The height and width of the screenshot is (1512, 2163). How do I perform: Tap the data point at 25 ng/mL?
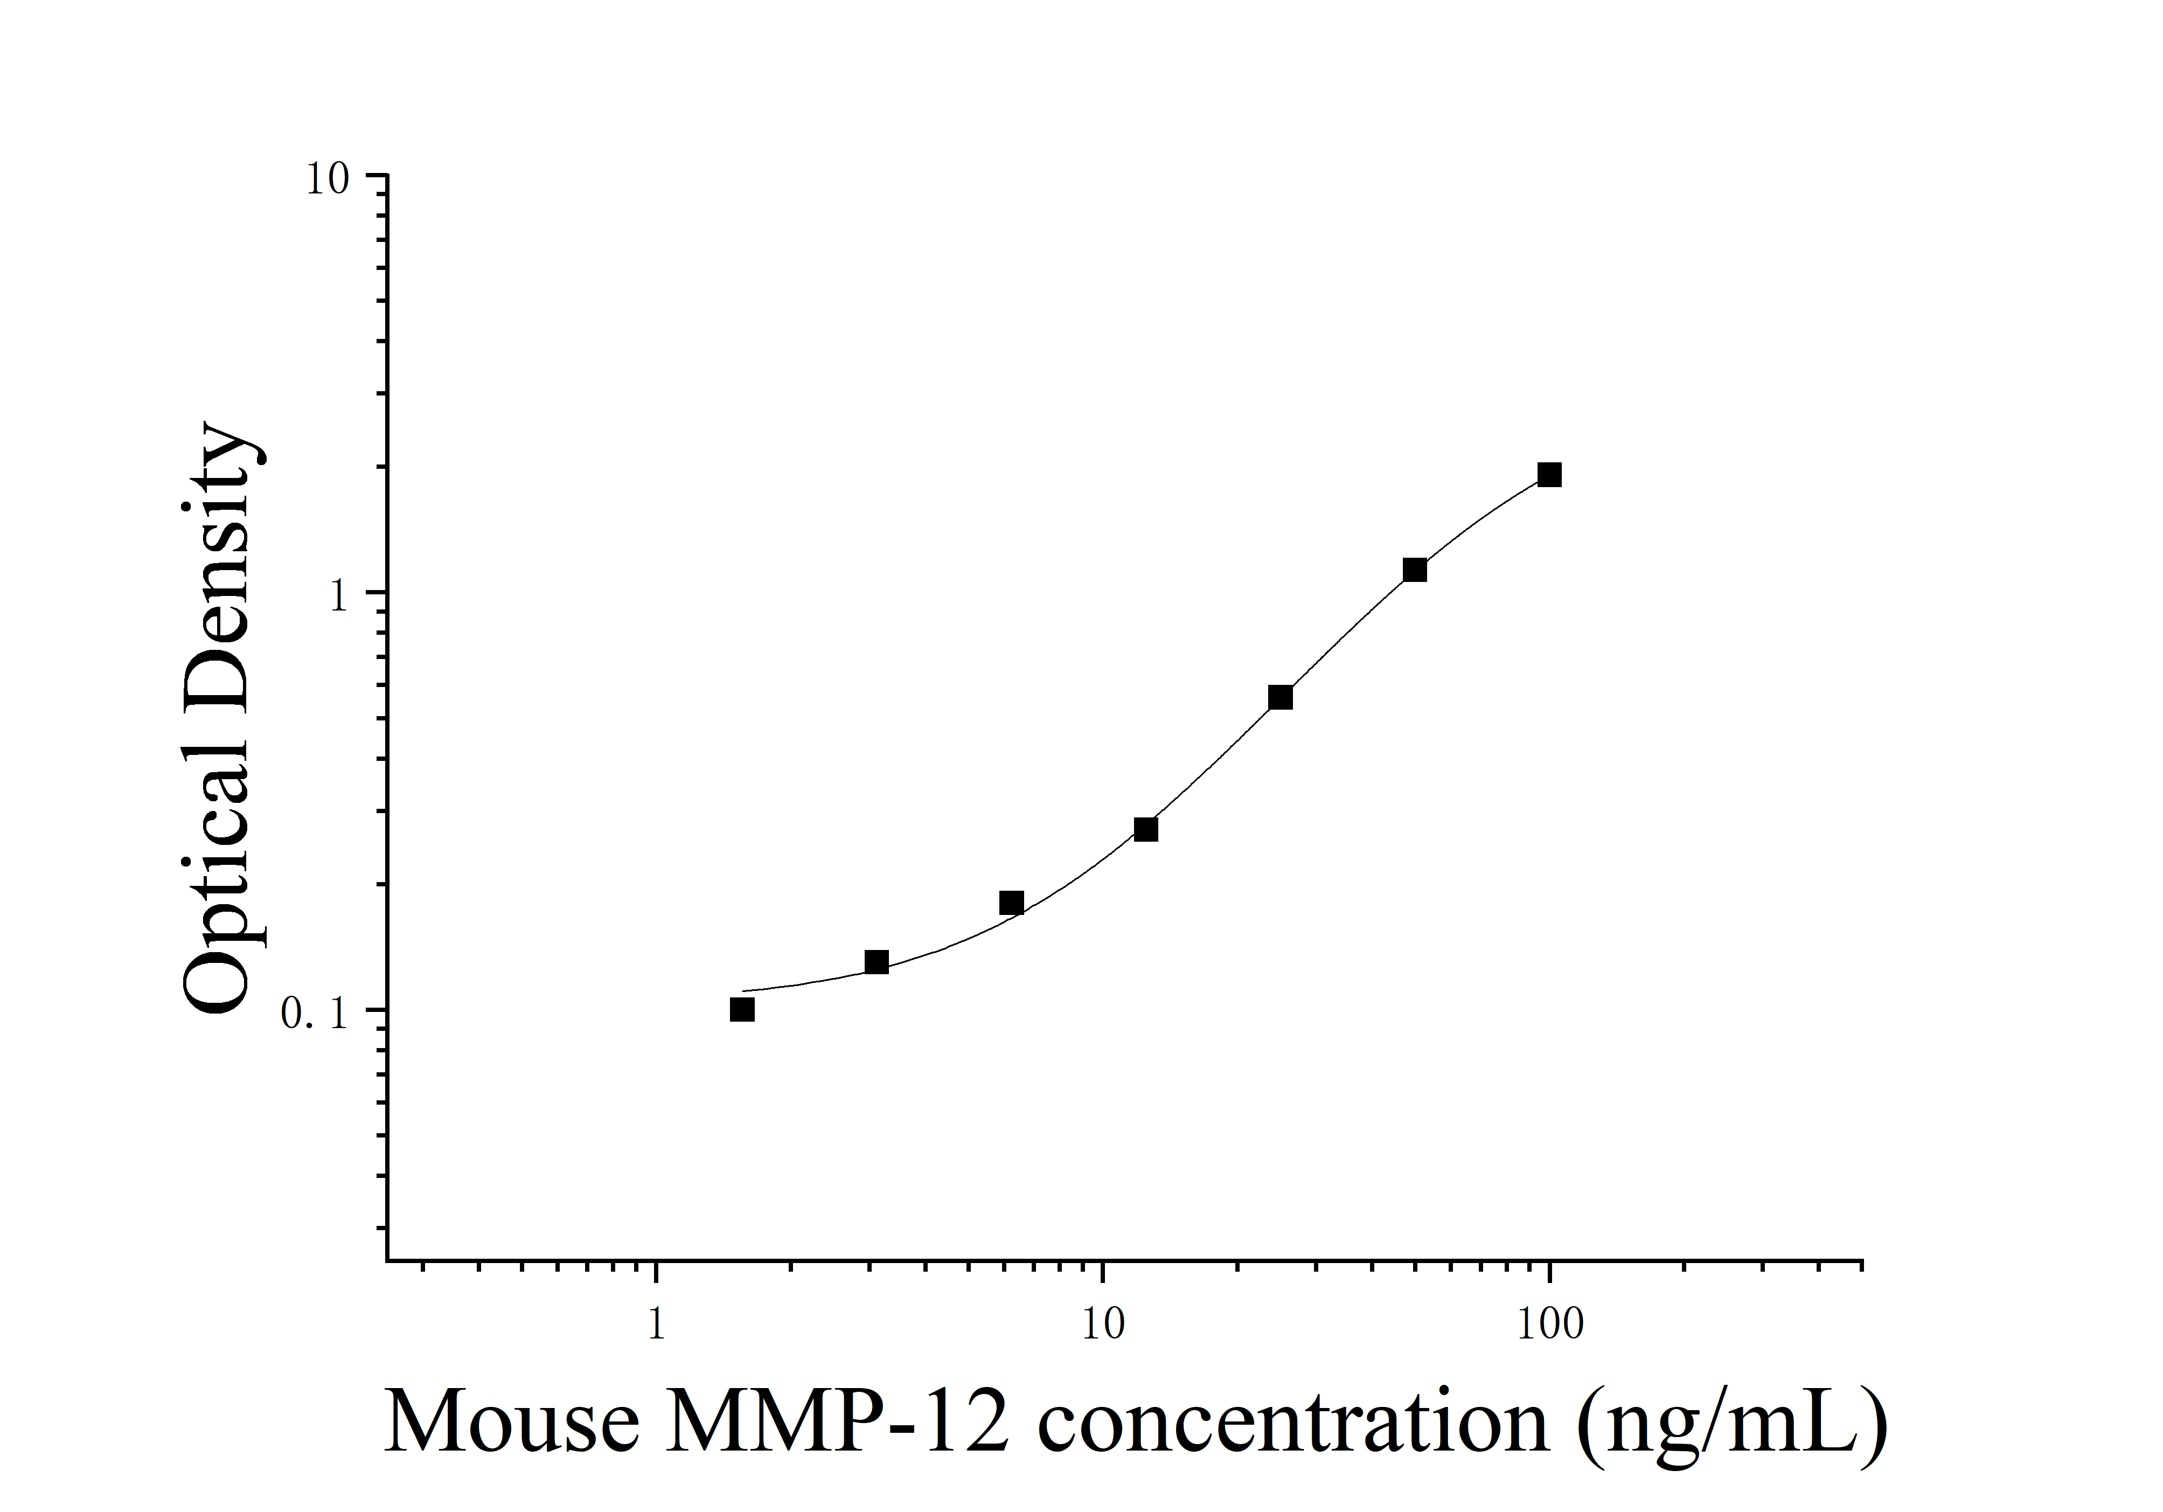1280,698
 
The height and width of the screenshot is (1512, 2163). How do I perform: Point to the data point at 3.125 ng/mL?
877,962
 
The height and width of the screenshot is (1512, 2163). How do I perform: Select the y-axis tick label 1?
339,597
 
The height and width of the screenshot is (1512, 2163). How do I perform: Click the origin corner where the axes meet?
387,1259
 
